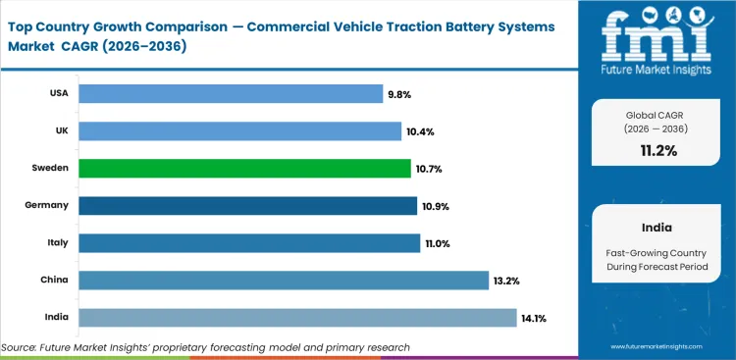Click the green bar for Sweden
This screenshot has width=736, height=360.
pos(244,169)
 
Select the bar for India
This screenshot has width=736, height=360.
pos(297,318)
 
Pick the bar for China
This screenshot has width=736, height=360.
pos(284,281)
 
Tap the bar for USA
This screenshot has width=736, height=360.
pos(231,93)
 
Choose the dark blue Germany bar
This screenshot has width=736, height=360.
pos(247,206)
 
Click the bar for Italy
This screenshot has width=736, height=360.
pos(248,243)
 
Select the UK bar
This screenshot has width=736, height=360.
pos(239,130)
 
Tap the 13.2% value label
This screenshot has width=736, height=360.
pos(507,281)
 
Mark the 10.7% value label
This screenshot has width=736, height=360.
pos(430,169)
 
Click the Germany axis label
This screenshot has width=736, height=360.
pos(46,206)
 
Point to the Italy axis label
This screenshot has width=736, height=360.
pos(57,243)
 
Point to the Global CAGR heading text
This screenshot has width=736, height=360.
pos(657,114)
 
